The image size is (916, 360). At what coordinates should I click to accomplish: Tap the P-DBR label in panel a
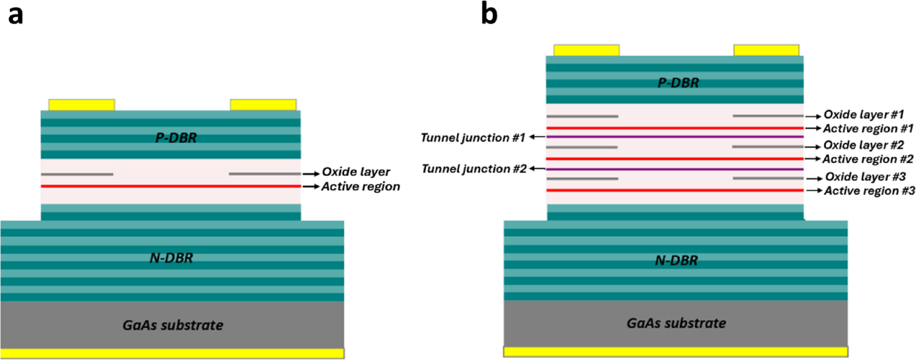176,138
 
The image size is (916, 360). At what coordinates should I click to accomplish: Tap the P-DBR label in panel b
678,83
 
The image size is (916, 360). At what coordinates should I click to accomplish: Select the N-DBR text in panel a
171,258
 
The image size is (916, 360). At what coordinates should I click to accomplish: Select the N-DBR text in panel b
676,260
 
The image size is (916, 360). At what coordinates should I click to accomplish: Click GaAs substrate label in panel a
173,325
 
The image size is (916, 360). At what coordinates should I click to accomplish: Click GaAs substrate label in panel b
676,323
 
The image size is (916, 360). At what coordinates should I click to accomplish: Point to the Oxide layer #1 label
863,115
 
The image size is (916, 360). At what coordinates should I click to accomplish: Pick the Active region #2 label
868,159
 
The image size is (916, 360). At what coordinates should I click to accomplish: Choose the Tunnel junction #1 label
473,138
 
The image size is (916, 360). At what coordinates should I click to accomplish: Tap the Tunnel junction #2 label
474,169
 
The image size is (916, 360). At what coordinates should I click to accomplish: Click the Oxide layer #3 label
865,177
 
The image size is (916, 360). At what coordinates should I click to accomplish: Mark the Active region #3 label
869,191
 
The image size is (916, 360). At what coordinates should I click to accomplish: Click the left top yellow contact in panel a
81,105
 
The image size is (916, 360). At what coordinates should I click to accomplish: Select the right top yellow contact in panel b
766,50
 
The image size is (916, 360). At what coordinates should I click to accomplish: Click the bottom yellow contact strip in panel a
172,353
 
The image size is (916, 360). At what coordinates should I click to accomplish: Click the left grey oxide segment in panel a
77,174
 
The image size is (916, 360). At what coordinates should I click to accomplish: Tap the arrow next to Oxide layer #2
813,147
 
